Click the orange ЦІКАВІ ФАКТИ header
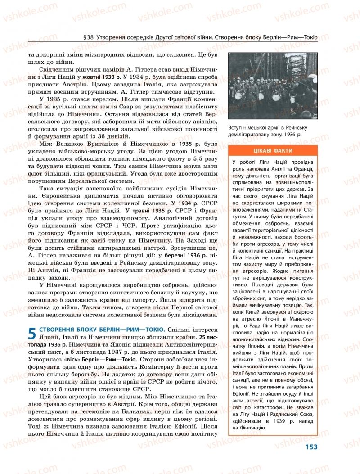(x=271, y=151)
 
